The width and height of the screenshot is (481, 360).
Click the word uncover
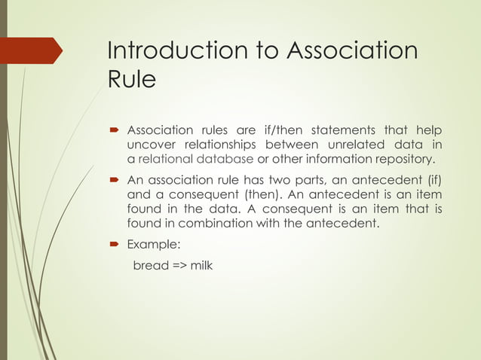coord(151,144)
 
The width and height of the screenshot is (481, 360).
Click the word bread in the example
coord(151,266)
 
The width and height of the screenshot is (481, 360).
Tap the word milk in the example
coord(201,266)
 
